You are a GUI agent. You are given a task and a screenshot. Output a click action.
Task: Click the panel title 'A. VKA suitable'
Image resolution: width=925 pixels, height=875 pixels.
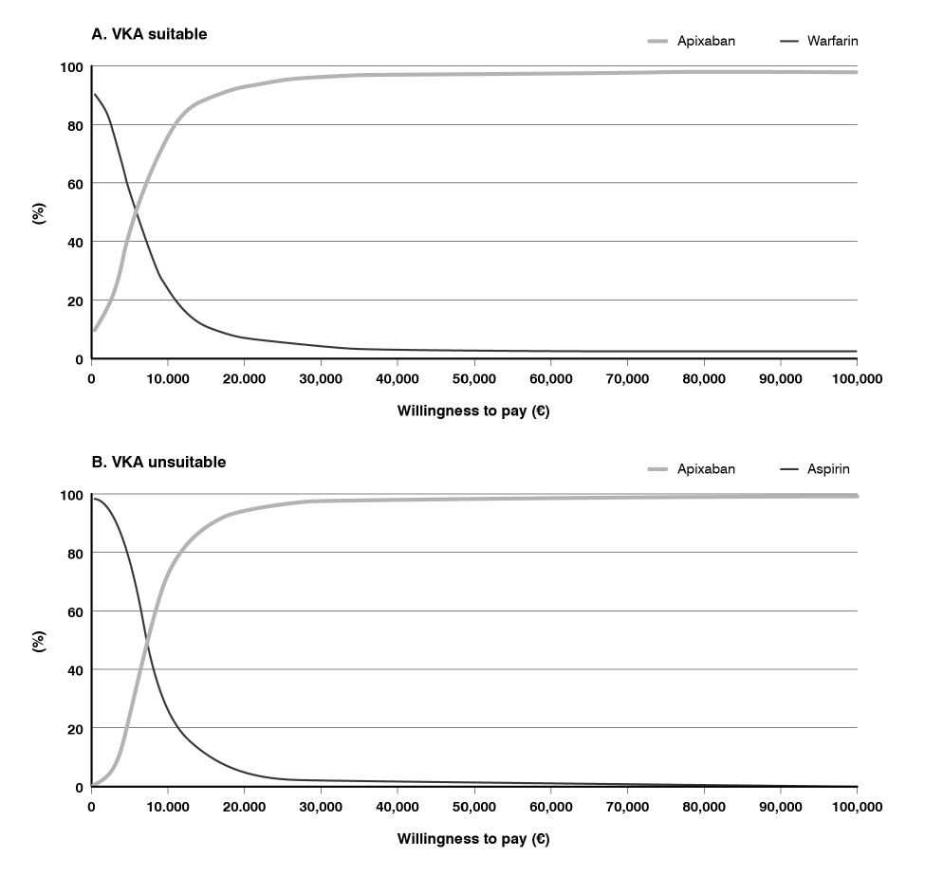tap(149, 34)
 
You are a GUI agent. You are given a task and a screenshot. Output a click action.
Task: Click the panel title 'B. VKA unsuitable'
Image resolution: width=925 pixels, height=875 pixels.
tap(158, 463)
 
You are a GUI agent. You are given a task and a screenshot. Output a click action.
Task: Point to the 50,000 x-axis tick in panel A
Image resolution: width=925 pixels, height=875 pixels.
tap(473, 378)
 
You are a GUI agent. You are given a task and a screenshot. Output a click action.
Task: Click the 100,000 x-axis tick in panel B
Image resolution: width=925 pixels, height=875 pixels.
tap(857, 807)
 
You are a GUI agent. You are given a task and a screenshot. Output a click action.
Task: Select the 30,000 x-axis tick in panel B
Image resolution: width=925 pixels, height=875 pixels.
tap(321, 807)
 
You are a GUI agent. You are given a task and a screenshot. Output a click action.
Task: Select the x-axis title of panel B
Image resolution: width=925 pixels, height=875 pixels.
tap(473, 839)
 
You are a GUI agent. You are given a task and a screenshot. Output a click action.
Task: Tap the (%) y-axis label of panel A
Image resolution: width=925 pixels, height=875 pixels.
tap(39, 213)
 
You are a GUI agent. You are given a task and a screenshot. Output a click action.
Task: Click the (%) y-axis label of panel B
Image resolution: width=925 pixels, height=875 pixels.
tap(39, 642)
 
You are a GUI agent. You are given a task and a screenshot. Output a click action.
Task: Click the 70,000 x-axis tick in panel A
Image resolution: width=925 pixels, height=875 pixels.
tap(627, 378)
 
